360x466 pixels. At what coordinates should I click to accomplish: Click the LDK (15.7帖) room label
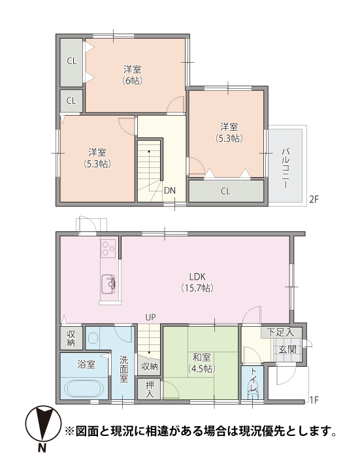[x=197, y=282]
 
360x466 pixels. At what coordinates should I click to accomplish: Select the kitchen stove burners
[x=108, y=248]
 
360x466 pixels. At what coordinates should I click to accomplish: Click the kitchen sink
[x=108, y=284]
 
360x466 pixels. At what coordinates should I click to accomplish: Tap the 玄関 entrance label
[x=287, y=350]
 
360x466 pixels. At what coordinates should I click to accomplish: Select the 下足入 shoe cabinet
[x=282, y=332]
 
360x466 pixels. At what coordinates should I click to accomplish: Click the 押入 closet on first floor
[x=150, y=390]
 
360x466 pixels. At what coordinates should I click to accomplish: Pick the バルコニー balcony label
[x=286, y=167]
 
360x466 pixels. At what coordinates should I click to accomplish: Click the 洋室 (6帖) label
[x=133, y=75]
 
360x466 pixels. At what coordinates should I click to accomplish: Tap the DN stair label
[x=170, y=190]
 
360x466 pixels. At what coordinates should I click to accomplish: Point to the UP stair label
[x=150, y=318]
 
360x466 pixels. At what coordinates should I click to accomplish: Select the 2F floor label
[x=314, y=199]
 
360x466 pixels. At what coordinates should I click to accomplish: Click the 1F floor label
[x=314, y=401]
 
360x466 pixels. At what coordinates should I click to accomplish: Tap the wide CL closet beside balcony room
[x=226, y=191]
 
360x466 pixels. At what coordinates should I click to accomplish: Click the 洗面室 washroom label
[x=123, y=369]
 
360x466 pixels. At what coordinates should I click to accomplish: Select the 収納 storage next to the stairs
[x=149, y=366]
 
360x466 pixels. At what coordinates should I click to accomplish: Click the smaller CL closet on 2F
[x=71, y=101]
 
